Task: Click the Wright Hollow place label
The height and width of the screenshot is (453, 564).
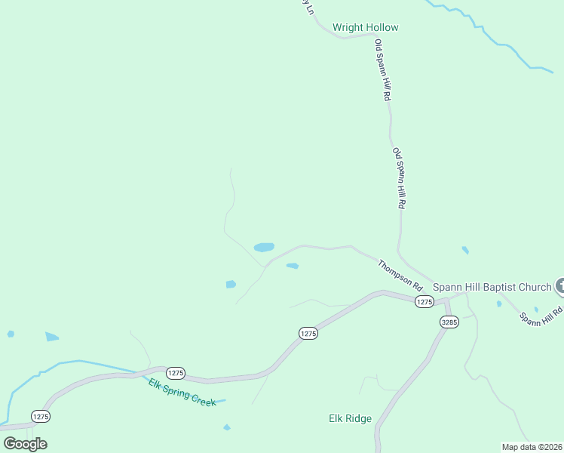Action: [366, 28]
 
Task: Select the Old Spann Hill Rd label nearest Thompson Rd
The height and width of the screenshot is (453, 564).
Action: [400, 179]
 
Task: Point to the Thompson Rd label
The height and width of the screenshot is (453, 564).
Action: [400, 276]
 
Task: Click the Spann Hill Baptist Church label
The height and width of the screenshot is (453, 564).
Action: [492, 287]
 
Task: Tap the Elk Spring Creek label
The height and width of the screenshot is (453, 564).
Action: [182, 393]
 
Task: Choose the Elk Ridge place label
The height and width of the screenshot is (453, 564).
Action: [350, 418]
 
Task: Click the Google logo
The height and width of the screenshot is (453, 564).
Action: [25, 444]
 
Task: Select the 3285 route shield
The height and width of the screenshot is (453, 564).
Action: [449, 322]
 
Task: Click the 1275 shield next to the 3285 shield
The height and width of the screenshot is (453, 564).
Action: [424, 302]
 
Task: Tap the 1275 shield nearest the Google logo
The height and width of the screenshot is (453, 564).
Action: [41, 416]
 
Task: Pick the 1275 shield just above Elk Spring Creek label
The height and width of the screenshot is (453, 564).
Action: [175, 373]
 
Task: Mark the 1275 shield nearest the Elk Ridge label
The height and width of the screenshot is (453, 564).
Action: [308, 333]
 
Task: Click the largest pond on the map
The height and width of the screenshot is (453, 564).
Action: [264, 247]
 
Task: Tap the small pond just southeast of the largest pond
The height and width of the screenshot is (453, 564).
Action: [293, 266]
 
